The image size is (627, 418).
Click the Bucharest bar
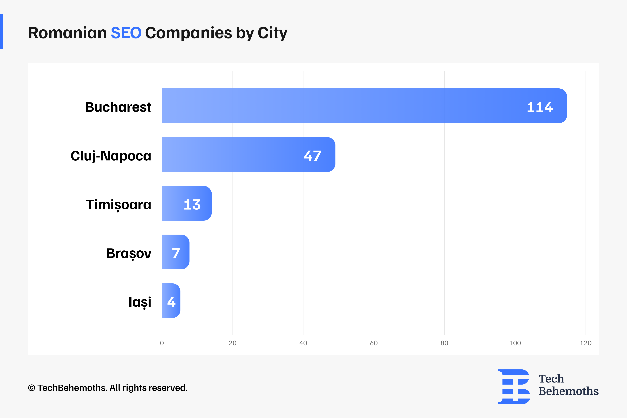pos(347,106)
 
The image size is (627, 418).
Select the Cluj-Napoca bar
pos(240,155)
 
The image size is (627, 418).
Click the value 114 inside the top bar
pos(540,107)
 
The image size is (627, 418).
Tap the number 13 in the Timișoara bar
pos(192,204)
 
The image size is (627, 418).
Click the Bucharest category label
pos(118,107)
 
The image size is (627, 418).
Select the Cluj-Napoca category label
pos(111,156)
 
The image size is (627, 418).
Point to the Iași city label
pos(140,302)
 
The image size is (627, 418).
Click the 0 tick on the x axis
pos(162,343)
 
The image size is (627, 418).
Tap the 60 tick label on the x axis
pos(374,343)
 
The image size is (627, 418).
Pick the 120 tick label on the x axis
pos(586,343)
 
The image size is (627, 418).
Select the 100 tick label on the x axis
pos(515,343)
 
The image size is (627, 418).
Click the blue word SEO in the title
pos(126,33)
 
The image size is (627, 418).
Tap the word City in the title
pos(272,33)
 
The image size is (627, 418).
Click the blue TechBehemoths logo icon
pos(514,387)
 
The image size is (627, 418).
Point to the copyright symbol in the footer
pos(32,388)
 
